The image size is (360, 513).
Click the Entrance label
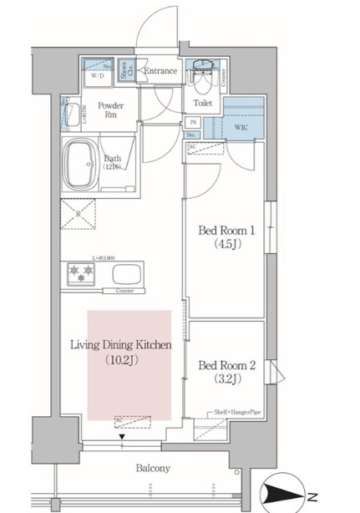(160, 71)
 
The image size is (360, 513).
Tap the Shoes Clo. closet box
(124, 73)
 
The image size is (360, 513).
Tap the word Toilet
(202, 104)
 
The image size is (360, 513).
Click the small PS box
(191, 122)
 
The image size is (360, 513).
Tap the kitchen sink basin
(128, 274)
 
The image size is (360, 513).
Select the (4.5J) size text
(223, 246)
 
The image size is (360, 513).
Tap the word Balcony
(154, 469)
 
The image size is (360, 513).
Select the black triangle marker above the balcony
(124, 437)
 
